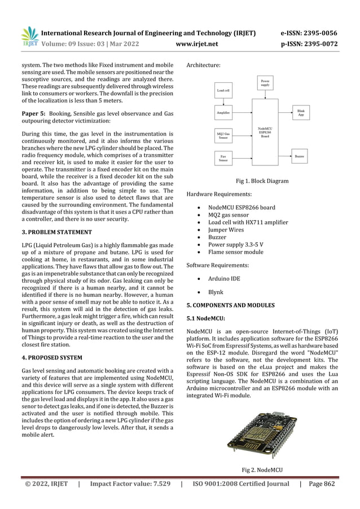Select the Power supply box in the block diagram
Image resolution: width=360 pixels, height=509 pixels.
click(265, 84)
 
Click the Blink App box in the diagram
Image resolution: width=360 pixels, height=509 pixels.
click(301, 113)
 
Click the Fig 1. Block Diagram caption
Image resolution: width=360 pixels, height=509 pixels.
click(261, 181)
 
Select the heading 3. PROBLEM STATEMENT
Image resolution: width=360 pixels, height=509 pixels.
click(50, 232)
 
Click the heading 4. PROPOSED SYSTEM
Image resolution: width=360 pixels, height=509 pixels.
click(49, 358)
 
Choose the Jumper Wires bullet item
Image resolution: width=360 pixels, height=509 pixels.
click(226, 230)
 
